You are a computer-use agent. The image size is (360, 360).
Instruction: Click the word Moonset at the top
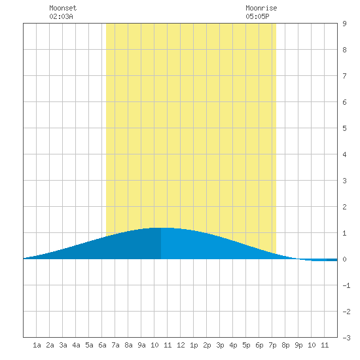pyautogui.click(x=63, y=8)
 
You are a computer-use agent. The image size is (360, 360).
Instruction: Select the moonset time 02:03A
pyautogui.click(x=61, y=16)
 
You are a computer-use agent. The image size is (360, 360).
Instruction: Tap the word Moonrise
pyautogui.click(x=261, y=8)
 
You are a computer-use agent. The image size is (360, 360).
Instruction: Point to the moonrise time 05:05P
pyautogui.click(x=257, y=16)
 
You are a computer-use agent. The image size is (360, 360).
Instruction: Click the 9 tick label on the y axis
pyautogui.click(x=344, y=24)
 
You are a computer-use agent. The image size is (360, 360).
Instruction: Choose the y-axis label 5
pyautogui.click(x=344, y=128)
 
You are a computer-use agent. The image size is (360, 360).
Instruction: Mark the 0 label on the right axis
pyautogui.click(x=344, y=259)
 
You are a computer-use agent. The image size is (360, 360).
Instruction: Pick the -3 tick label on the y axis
pyautogui.click(x=346, y=338)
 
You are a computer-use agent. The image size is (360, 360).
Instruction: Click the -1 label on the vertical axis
pyautogui.click(x=346, y=285)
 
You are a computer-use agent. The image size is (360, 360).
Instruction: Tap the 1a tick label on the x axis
pyautogui.click(x=37, y=345)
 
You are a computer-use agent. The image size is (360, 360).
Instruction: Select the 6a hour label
pyautogui.click(x=102, y=345)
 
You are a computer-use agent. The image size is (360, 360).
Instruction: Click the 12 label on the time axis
pyautogui.click(x=181, y=345)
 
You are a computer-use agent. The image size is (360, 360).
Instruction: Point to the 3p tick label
pyautogui.click(x=220, y=345)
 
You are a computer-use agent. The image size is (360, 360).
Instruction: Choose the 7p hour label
pyautogui.click(x=272, y=345)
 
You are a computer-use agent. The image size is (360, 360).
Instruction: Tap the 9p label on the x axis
pyautogui.click(x=298, y=345)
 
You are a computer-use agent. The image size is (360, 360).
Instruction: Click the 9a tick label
pyautogui.click(x=141, y=345)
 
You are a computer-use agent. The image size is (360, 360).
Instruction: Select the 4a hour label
pyautogui.click(x=76, y=345)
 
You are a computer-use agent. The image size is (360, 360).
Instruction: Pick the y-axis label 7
pyautogui.click(x=344, y=76)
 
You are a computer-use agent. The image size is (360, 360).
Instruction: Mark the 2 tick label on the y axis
pyautogui.click(x=344, y=207)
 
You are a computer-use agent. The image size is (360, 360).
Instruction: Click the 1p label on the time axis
pyautogui.click(x=194, y=345)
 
